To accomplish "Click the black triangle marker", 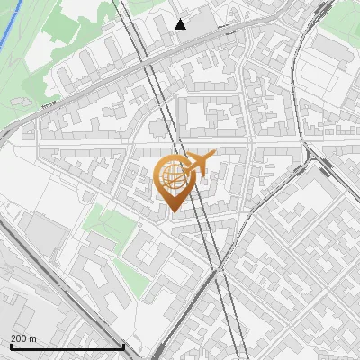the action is [x=181, y=24].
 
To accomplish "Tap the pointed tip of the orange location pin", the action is [x=173, y=211].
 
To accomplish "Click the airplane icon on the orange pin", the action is [x=197, y=163].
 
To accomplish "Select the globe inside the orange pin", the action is [x=171, y=176].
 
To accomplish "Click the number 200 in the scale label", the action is [x=17, y=338].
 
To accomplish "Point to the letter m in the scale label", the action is [x=32, y=338].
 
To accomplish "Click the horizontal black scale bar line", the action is [x=67, y=346].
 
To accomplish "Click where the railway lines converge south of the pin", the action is [x=217, y=267].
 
